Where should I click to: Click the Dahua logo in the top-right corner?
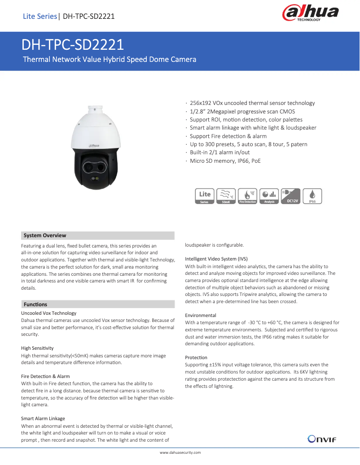[310, 13]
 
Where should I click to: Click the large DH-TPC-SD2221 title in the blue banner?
[73, 45]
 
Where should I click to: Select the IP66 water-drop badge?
[312, 196]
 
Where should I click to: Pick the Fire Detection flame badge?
[247, 196]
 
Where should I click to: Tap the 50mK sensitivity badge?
[226, 196]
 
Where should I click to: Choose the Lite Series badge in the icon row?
[205, 196]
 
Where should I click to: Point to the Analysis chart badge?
[269, 196]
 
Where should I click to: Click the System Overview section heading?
[45, 235]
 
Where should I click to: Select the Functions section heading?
[35, 304]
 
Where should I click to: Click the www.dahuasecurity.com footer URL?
[180, 452]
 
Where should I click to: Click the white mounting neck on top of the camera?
[95, 109]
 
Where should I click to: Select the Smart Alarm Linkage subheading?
[43, 418]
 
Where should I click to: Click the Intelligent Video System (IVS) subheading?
[216, 259]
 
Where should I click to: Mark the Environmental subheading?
[201, 315]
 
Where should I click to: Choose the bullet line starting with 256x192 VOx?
[252, 103]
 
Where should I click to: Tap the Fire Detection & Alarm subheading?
[45, 376]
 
